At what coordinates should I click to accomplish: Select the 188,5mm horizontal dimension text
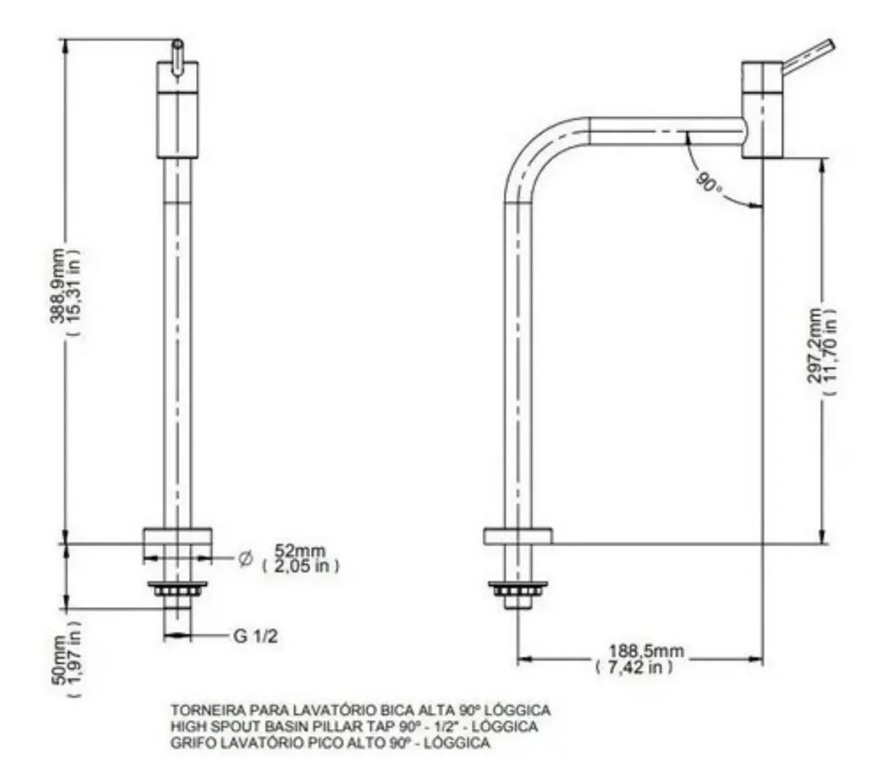[646, 652]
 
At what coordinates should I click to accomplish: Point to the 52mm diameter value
[300, 551]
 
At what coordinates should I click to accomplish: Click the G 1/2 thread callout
[255, 636]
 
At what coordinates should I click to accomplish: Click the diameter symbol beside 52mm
[246, 559]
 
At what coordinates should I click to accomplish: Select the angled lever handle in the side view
[808, 58]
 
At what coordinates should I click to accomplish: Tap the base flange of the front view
[178, 537]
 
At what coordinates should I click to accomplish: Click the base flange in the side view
[518, 537]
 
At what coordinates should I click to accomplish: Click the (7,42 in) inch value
[634, 667]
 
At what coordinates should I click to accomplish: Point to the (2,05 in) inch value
[301, 566]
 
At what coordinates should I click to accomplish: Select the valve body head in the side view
[762, 109]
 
